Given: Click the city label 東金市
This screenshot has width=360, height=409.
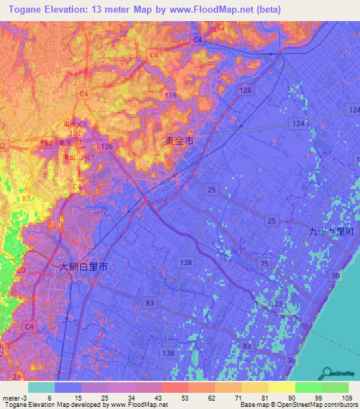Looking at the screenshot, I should click(x=179, y=141).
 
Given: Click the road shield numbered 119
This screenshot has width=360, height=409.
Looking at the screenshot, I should click(x=169, y=95).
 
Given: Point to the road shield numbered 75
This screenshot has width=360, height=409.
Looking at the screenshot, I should click(x=264, y=263).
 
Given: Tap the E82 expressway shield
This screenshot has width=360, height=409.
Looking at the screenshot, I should click(x=46, y=143).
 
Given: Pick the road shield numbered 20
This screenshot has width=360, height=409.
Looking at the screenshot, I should click(x=21, y=270).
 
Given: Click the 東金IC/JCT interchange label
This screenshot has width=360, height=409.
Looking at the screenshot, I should click(x=78, y=157).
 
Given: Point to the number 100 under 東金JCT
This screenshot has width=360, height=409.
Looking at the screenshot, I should click(x=74, y=132).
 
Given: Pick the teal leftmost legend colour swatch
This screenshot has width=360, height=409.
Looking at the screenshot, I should click(x=41, y=387).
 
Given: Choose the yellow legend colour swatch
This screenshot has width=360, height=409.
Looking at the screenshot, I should click(x=282, y=387).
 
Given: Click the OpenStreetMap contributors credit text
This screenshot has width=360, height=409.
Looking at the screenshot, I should click(x=316, y=405).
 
